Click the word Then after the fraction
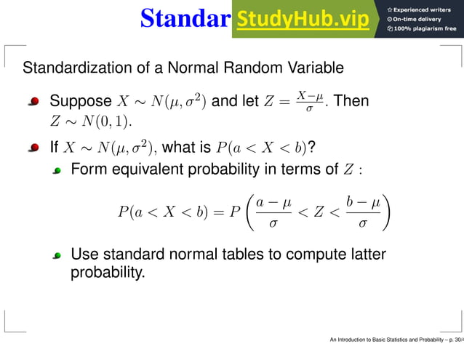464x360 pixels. coord(351,101)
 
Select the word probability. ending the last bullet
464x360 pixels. coord(108,273)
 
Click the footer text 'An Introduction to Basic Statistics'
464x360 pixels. coord(378,340)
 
